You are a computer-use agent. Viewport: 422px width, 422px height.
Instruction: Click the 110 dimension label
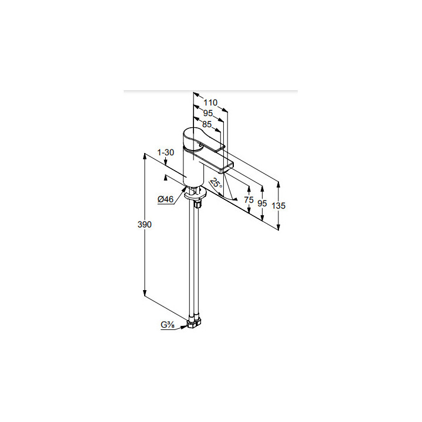210,103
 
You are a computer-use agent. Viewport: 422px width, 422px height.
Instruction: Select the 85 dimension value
207,124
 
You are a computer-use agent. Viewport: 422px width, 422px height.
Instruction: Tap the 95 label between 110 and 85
207,113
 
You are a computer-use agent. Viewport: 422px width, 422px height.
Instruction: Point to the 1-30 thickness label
165,152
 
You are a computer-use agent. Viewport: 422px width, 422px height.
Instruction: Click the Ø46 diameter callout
165,199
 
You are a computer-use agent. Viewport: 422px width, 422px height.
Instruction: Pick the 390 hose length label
145,224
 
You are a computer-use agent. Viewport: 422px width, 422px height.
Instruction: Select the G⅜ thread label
168,325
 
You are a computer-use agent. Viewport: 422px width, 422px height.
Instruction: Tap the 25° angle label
216,183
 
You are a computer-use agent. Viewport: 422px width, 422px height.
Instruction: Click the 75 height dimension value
249,200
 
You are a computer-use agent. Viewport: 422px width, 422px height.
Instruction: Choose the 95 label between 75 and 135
262,203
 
